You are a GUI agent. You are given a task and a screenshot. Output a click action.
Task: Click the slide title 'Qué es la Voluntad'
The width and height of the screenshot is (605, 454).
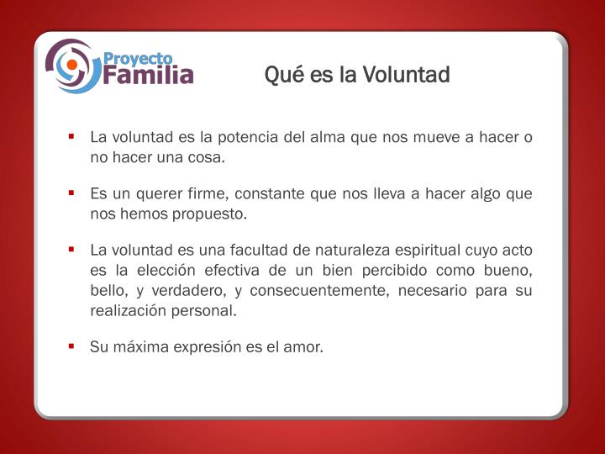point(357,75)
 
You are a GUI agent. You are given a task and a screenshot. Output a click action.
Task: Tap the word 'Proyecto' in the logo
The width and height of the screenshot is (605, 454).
point(138,59)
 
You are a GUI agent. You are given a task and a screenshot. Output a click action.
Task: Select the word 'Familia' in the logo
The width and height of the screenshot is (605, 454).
point(149,76)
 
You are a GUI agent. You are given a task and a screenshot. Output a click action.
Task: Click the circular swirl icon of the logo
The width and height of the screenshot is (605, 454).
point(72,66)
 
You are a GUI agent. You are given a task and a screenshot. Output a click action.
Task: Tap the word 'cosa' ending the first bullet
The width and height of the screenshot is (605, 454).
point(208,157)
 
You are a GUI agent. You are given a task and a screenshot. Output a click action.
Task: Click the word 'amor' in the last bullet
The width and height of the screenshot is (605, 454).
point(304,346)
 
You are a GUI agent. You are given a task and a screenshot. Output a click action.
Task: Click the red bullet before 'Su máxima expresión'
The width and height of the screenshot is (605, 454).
point(73,346)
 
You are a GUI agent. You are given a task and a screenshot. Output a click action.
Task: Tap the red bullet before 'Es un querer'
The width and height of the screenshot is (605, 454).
point(73,193)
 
